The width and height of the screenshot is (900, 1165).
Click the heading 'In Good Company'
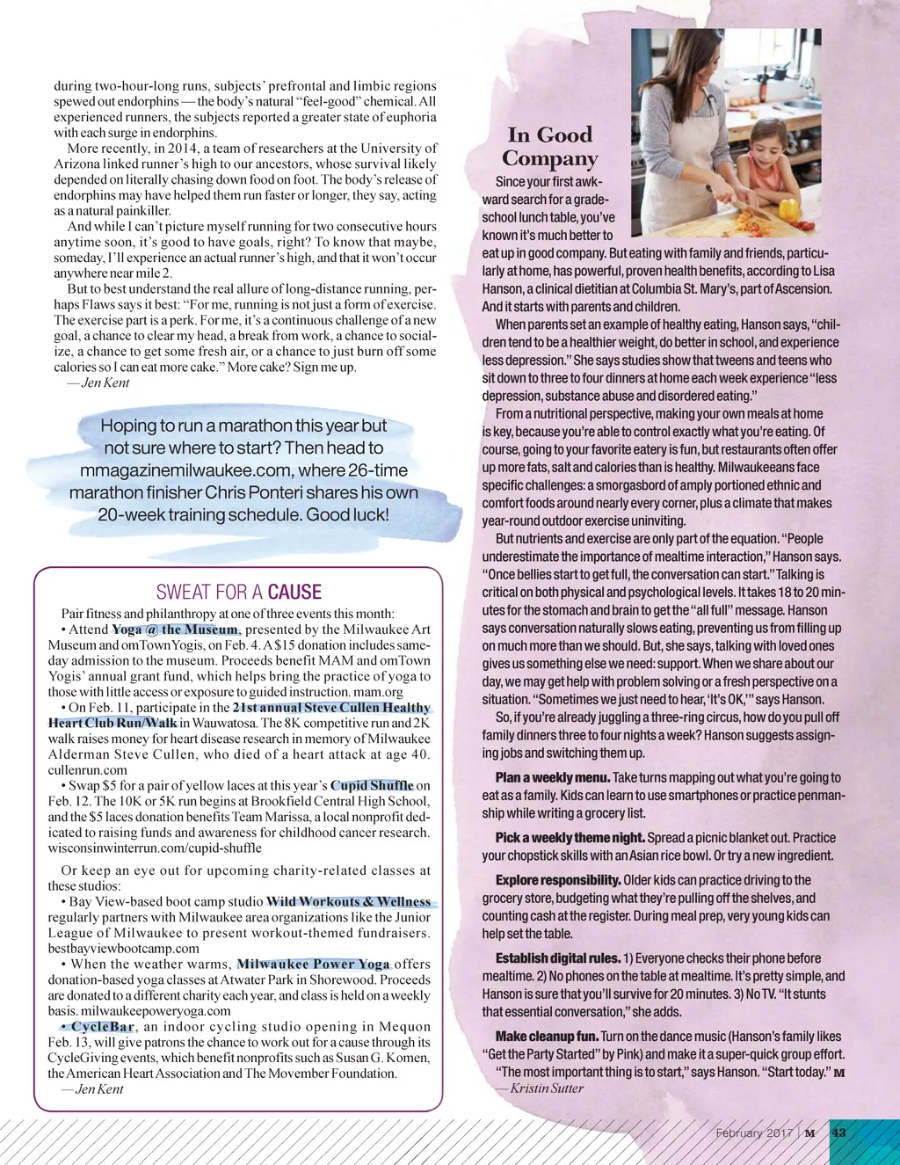pyautogui.click(x=550, y=146)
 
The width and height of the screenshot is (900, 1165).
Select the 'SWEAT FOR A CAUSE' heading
pyautogui.click(x=238, y=592)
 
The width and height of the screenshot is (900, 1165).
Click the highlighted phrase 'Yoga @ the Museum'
pyautogui.click(x=175, y=630)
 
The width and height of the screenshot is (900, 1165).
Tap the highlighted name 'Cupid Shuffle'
pyautogui.click(x=372, y=785)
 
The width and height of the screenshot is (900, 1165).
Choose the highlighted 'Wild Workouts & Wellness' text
pyautogui.click(x=349, y=901)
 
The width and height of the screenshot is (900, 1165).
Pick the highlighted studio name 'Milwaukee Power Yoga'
pyautogui.click(x=313, y=964)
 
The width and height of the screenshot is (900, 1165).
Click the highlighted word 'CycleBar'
pyautogui.click(x=102, y=1026)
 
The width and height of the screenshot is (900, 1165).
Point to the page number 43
pyautogui.click(x=838, y=1132)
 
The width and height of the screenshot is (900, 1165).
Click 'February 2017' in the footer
pyautogui.click(x=753, y=1132)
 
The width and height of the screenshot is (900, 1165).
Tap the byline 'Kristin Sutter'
pyautogui.click(x=547, y=1089)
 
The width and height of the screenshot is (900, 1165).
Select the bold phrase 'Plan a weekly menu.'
pyautogui.click(x=552, y=777)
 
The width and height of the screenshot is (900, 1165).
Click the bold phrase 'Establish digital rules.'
pyautogui.click(x=558, y=958)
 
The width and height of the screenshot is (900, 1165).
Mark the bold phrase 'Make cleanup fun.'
pyautogui.click(x=547, y=1037)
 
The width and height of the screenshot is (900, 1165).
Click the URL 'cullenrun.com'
pyautogui.click(x=88, y=770)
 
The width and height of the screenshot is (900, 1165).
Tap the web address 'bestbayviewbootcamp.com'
pyautogui.click(x=124, y=949)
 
